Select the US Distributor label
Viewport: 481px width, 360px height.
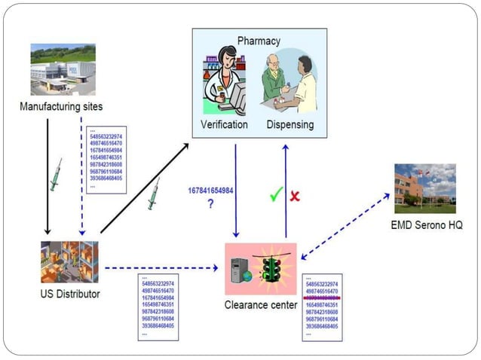click(x=70, y=293)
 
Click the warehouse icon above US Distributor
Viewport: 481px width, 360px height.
click(x=69, y=261)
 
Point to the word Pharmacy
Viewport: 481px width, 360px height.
click(x=259, y=41)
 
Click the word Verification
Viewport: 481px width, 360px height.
click(x=224, y=124)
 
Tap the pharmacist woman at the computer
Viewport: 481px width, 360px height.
click(x=227, y=82)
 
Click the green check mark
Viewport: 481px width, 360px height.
click(x=277, y=194)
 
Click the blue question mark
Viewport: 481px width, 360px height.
click(x=210, y=204)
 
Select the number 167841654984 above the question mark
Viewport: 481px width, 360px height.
click(x=210, y=191)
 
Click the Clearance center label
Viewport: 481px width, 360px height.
click(x=261, y=305)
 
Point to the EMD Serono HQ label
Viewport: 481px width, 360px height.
click(x=426, y=224)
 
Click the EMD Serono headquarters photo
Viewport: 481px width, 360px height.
click(x=424, y=188)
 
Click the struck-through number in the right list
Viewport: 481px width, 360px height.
click(x=332, y=298)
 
